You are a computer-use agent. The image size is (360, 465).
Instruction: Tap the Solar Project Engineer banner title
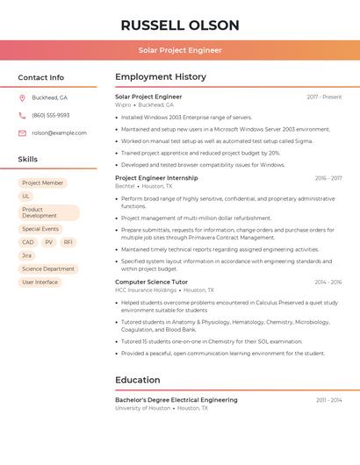coord(179,51)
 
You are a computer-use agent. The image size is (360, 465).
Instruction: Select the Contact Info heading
coord(41,77)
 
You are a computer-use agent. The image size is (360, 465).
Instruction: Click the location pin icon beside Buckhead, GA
coord(22,98)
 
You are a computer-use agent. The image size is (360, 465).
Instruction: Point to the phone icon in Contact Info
coord(22,116)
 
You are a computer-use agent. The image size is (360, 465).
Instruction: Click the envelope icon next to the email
coord(22,133)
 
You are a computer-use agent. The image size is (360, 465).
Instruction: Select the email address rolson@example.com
coord(59,133)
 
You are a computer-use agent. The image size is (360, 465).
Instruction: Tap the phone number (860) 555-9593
coord(50,116)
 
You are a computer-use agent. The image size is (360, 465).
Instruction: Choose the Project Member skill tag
coord(43,183)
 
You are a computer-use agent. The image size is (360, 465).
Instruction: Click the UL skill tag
coord(26,197)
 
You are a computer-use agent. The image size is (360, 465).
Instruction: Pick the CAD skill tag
coord(28,242)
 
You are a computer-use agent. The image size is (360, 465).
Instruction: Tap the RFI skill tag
coord(68,242)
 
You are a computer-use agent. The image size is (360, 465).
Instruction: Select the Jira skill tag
coord(27,255)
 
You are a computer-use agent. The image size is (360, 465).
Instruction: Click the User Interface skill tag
coord(40,283)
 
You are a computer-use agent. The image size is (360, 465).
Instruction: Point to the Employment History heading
coord(161,77)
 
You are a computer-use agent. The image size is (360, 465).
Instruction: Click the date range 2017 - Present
coord(324,97)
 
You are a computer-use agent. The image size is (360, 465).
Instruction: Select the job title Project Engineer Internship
coord(156,178)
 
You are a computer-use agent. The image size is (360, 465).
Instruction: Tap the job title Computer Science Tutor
coord(151,283)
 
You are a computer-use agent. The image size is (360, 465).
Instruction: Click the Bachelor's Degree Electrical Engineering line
coord(176,400)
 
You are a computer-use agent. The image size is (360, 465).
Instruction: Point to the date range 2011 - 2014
coord(328,400)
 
